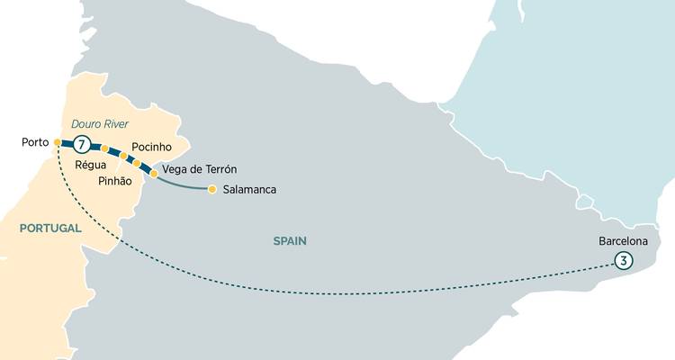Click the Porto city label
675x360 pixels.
pos(34,142)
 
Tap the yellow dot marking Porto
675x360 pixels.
pos(57,142)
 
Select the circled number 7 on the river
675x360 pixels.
pos(82,144)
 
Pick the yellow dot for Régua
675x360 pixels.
pos(105,148)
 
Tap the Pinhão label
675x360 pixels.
pos(114,181)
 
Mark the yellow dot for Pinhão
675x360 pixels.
pos(124,156)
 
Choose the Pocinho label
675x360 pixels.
pos(152,146)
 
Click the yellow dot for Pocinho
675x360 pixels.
pos(137,163)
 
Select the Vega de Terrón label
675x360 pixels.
pos(202,170)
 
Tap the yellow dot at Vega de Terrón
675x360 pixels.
pos(154,173)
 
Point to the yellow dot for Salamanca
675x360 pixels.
pos(211,189)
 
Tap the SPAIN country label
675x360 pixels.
pos(291,240)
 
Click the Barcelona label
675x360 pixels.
pos(623,241)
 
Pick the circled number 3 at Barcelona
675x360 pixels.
pos(622,260)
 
